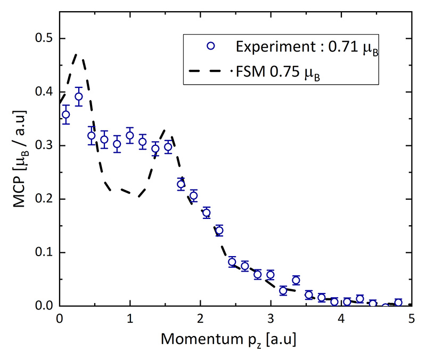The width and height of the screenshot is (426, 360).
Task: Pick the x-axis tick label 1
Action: pyautogui.click(x=130, y=318)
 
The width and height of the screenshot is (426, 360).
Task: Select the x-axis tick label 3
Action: pyautogui.click(x=271, y=318)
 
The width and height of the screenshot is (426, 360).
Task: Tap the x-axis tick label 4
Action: pyautogui.click(x=341, y=318)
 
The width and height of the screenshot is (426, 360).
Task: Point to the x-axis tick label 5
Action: pyautogui.click(x=411, y=318)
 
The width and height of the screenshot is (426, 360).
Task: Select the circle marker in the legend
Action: pyautogui.click(x=211, y=46)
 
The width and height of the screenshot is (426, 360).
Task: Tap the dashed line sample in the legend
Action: pyautogui.click(x=209, y=71)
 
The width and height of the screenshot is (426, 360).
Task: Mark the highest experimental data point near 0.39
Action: pyautogui.click(x=79, y=97)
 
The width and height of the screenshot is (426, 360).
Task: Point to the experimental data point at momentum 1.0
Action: pyautogui.click(x=130, y=135)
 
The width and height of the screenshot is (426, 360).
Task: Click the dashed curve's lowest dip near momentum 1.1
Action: pyautogui.click(x=137, y=196)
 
